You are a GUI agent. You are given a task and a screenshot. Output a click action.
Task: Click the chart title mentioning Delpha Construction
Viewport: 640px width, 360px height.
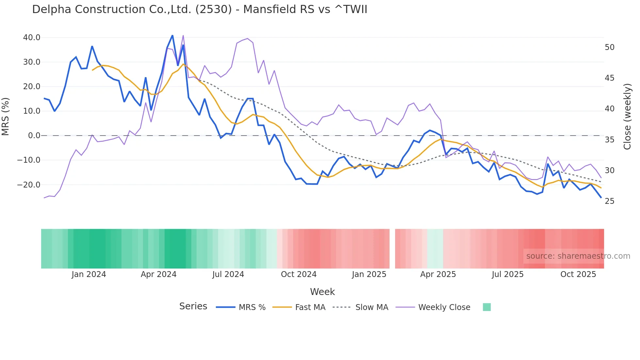[200, 9]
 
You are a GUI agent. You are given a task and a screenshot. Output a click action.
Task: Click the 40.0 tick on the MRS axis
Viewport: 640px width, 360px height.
[32, 38]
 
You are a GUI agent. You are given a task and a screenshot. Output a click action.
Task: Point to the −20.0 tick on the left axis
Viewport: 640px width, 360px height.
[29, 185]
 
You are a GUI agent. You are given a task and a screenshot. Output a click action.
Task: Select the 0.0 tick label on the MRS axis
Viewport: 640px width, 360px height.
[34, 136]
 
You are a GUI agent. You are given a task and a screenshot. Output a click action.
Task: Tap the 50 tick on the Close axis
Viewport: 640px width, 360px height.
[609, 47]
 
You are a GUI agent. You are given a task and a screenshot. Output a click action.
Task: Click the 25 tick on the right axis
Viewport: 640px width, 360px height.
[609, 201]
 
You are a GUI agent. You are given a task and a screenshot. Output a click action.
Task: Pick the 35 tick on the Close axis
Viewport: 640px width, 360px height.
[609, 140]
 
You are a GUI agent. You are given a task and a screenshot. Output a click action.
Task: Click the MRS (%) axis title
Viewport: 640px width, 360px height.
[6, 117]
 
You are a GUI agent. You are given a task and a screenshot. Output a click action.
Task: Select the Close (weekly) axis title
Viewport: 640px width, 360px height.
[627, 117]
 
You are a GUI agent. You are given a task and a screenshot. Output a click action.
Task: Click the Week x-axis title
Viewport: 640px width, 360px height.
[322, 292]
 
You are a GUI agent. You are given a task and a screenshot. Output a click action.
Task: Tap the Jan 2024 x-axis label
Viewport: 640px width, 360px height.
[89, 274]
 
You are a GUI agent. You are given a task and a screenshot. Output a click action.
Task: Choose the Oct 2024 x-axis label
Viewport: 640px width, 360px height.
[298, 274]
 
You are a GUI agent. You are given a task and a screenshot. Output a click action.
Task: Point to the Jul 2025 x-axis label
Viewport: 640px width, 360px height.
[507, 274]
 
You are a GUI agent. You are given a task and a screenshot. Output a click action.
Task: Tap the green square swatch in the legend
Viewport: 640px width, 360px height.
[487, 307]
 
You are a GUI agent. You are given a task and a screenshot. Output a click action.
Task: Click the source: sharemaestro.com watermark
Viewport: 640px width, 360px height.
[578, 256]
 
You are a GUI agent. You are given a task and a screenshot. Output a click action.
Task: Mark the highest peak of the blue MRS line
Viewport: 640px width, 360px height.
[172, 35]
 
